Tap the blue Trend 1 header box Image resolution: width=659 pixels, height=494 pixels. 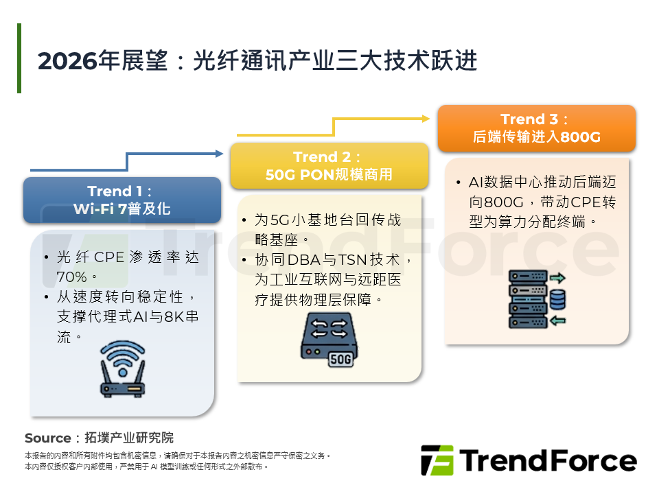pyautogui.click(x=122, y=200)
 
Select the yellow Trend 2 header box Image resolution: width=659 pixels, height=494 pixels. pyautogui.click(x=329, y=166)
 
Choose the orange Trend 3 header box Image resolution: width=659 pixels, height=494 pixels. pyautogui.click(x=537, y=128)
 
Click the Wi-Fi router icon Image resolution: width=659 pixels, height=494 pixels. pyautogui.click(x=123, y=371)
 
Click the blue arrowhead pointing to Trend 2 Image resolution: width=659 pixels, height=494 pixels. pyautogui.click(x=219, y=152)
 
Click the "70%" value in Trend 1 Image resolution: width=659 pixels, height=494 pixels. pyautogui.click(x=72, y=277)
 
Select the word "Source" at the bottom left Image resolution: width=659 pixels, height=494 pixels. pyautogui.click(x=47, y=438)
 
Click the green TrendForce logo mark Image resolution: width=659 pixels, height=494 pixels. pyautogui.click(x=437, y=460)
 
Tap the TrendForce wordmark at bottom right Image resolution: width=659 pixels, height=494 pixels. pyautogui.click(x=548, y=460)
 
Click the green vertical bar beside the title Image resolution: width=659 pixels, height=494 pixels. pyautogui.click(x=19, y=58)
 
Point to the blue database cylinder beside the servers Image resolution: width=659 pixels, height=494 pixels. pyautogui.click(x=557, y=299)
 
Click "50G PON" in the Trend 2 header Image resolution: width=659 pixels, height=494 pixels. pyautogui.click(x=299, y=174)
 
